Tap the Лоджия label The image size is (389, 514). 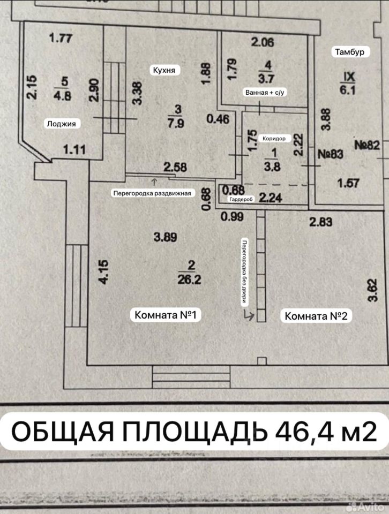coord(61,124)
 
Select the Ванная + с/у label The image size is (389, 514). coord(263,93)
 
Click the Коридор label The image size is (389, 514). coord(273,138)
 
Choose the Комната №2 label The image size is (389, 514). coord(317,316)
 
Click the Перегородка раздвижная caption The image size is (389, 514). coord(152,193)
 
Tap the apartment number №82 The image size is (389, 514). coord(367,145)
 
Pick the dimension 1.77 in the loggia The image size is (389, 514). coord(60,37)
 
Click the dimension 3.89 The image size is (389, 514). coord(165,237)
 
